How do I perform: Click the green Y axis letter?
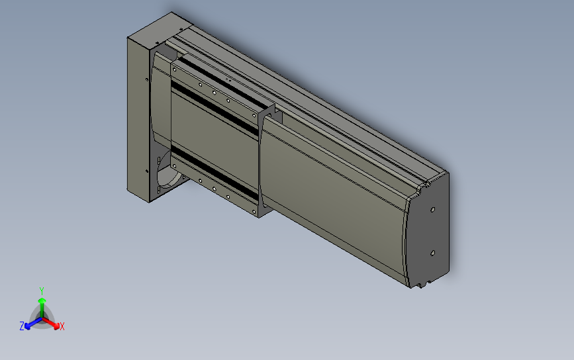pos(42,291)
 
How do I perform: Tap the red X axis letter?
pos(62,326)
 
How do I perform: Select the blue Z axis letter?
pos(22,326)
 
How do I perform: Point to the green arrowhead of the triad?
pos(42,301)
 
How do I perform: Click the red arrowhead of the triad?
pos(56,326)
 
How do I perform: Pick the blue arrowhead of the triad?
pos(28,326)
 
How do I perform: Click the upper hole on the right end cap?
pos(433,210)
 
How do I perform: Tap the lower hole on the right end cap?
pos(432,253)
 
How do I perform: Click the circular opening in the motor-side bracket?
pos(169,171)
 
